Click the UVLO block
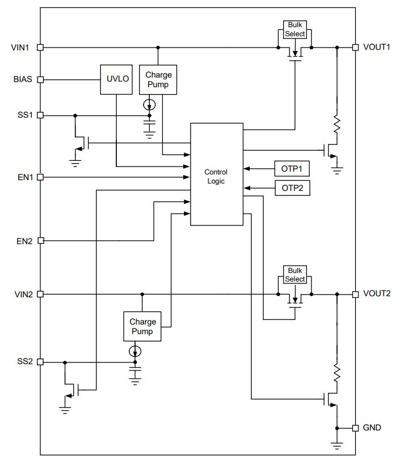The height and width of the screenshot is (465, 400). pos(116,79)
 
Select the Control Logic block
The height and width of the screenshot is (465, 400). pos(217,174)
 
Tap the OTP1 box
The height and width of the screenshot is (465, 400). pos(292,169)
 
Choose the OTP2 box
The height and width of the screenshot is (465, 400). pos(292,188)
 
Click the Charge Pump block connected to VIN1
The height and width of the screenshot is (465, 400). pos(158,79)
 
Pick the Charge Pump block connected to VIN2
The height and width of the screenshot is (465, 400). pos(142,326)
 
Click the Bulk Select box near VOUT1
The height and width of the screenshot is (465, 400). pos(295,29)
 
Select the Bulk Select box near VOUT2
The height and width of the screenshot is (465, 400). pos(295,275)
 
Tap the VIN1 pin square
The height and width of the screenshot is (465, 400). pos(40,48)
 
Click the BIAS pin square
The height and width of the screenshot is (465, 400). pos(40,79)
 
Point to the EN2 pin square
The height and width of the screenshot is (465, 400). pos(41,241)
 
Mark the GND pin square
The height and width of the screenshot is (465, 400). pos(355,428)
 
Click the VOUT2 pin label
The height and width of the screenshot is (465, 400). pos(377,293)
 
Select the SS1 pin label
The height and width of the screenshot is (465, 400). pos(25,115)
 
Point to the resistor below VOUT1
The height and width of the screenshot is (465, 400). pos(336,124)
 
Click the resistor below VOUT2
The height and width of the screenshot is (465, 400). pos(336,373)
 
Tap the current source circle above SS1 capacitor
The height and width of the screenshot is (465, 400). pos(149,104)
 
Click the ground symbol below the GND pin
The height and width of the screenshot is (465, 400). pos(336,446)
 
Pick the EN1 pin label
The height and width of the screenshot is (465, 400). pos(25,177)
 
